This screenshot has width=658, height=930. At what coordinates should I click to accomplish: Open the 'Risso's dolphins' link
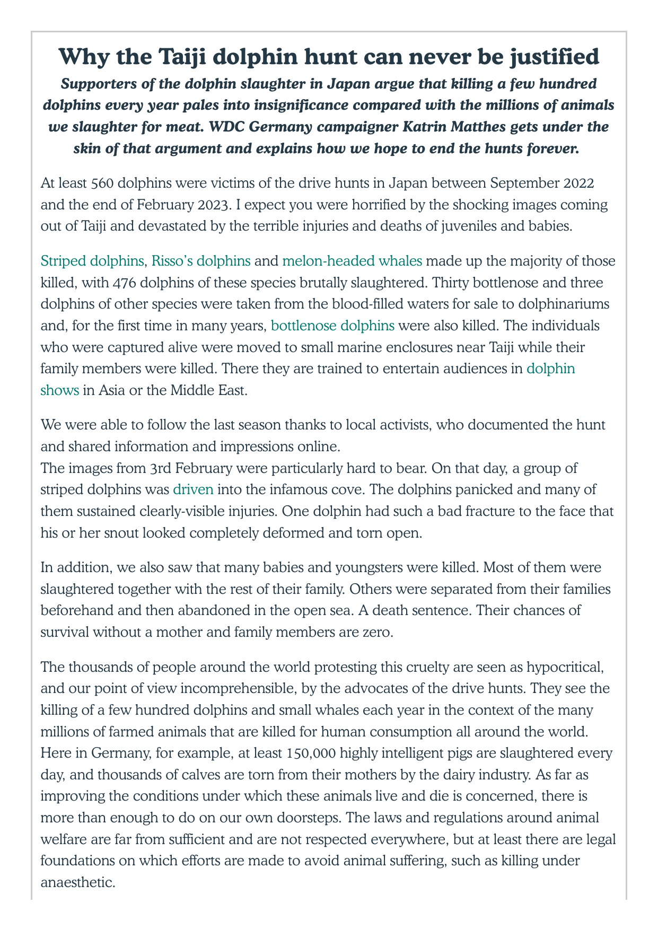click(x=201, y=261)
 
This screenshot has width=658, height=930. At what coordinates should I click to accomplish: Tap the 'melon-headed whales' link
click(x=352, y=261)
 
